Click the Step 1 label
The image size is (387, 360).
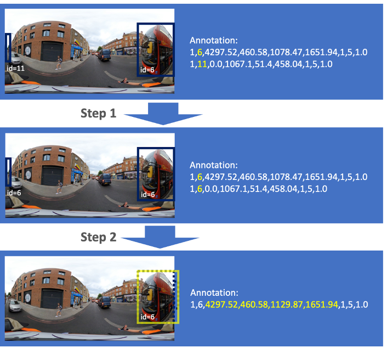(98, 114)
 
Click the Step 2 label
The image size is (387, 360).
(98, 237)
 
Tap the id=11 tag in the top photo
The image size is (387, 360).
(15, 68)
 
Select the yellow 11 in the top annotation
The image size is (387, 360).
(202, 64)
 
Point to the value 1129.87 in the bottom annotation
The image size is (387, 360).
(287, 305)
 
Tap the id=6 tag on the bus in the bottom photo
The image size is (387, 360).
(147, 317)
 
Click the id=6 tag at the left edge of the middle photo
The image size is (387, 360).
(14, 193)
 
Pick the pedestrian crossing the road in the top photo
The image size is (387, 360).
(59, 63)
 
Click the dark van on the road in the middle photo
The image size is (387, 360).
(105, 179)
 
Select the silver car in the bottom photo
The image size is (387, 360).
(15, 305)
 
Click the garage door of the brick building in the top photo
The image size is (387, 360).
(52, 52)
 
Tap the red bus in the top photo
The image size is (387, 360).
(157, 49)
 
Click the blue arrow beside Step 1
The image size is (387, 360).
(163, 114)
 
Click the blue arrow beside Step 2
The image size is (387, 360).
(160, 237)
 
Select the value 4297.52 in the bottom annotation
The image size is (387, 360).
(221, 305)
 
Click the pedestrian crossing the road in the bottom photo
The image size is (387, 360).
(59, 310)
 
